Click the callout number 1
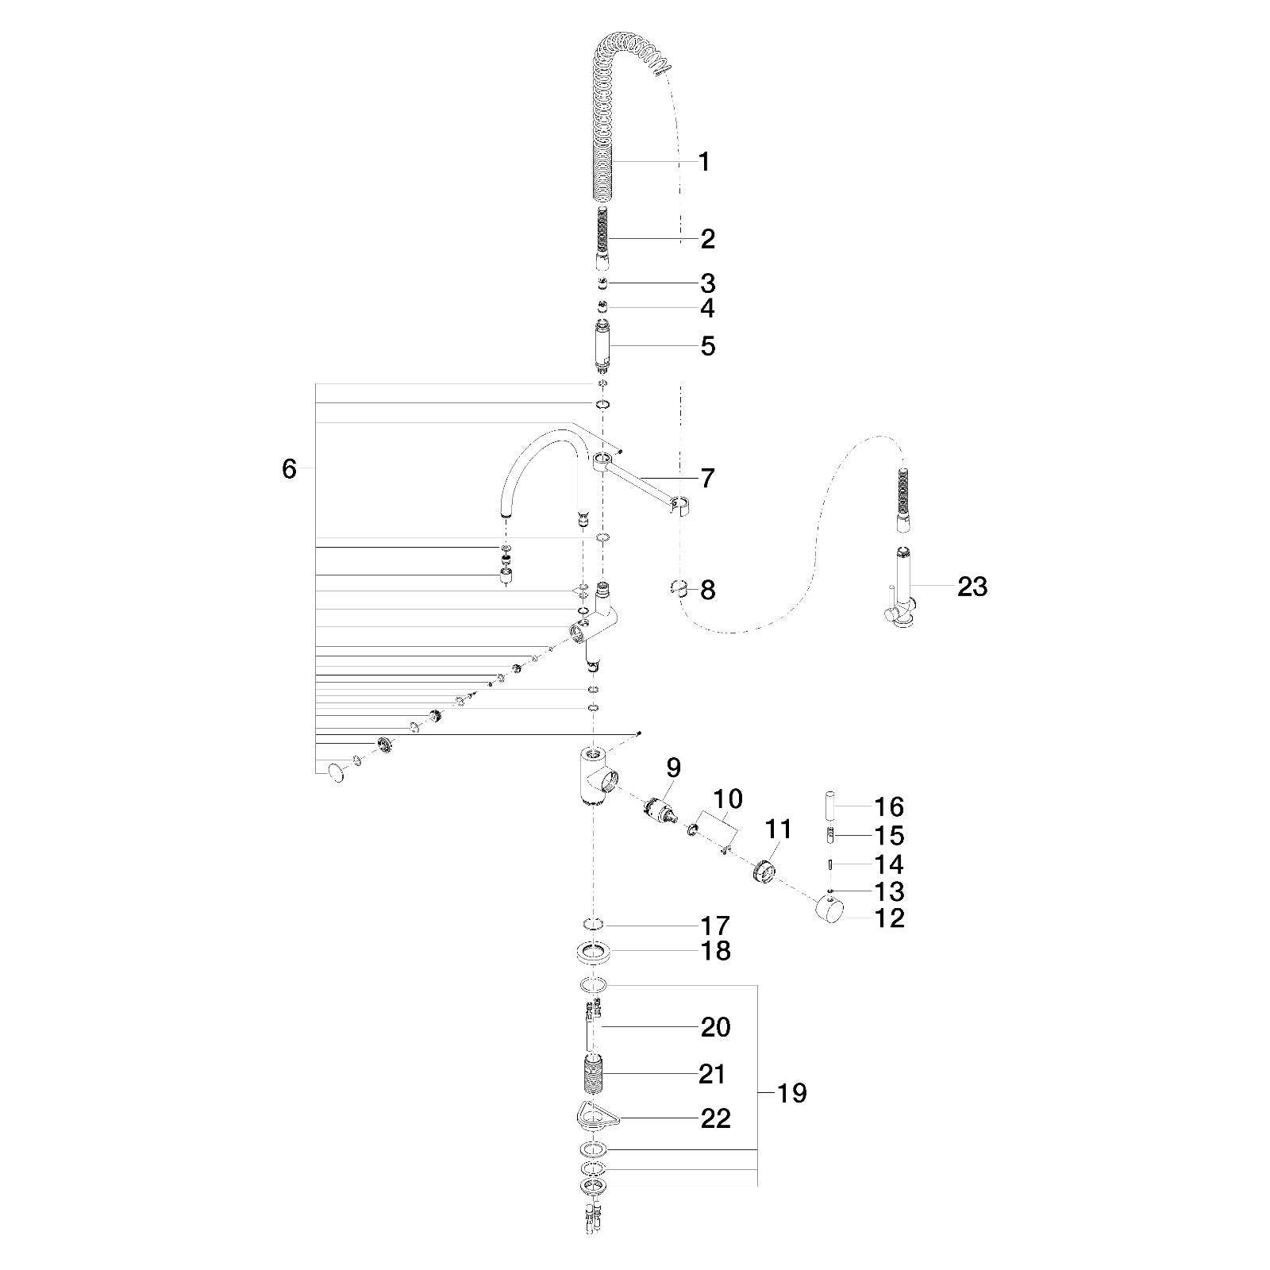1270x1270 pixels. click(x=703, y=162)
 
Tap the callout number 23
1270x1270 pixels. click(x=972, y=587)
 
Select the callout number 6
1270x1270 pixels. click(x=289, y=469)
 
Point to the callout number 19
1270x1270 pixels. click(x=791, y=1093)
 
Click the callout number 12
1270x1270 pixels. click(x=889, y=918)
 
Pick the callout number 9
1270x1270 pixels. click(x=673, y=768)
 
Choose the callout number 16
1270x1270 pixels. click(x=889, y=807)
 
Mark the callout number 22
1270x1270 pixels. click(x=715, y=1118)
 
